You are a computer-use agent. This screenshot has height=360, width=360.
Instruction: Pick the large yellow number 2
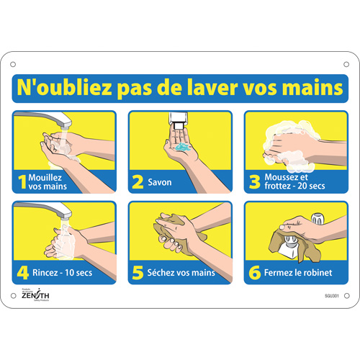coord(138,182)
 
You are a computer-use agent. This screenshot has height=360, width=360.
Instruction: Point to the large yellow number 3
coord(253,182)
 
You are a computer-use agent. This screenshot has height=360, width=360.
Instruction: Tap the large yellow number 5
coord(138,273)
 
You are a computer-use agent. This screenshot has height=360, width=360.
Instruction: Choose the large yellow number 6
coord(253,273)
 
